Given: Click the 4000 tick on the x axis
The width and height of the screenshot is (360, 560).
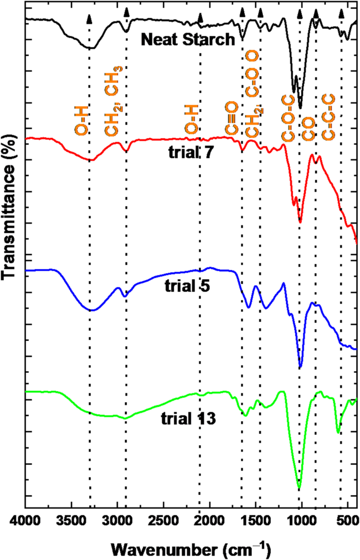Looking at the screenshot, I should (26, 521).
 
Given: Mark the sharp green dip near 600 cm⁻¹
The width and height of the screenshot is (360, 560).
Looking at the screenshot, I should (338, 433).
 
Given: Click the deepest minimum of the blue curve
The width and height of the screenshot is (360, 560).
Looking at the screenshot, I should (300, 367).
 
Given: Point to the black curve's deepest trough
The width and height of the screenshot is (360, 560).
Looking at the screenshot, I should (300, 108).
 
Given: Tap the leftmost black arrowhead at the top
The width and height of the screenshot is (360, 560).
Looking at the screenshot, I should (89, 19).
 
